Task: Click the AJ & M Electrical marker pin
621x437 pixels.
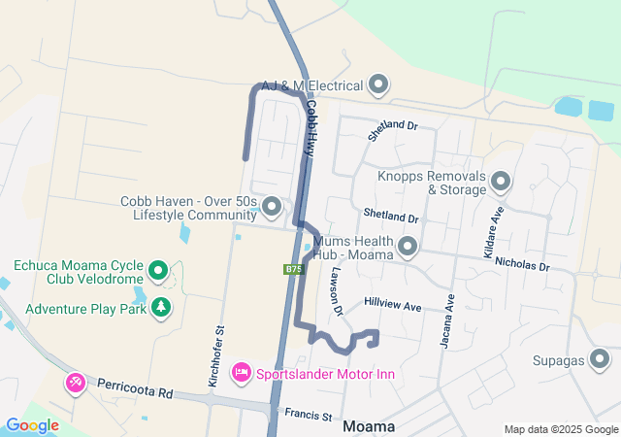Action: tap(378, 85)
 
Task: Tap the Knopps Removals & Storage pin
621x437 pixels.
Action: tap(501, 182)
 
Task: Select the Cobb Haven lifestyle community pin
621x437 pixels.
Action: tap(272, 207)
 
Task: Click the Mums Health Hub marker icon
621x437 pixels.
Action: tap(408, 247)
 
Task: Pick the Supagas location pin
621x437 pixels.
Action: tap(602, 361)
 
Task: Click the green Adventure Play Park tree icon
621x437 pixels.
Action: tap(160, 309)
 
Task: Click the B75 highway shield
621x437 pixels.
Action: tap(294, 269)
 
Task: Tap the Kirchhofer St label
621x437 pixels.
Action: tap(219, 357)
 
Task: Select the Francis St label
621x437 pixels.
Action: tap(309, 416)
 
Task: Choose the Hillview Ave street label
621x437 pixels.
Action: tap(393, 305)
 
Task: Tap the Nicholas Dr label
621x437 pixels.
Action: tap(522, 264)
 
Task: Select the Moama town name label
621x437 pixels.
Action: tap(370, 426)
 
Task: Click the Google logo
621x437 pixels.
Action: tap(32, 425)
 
